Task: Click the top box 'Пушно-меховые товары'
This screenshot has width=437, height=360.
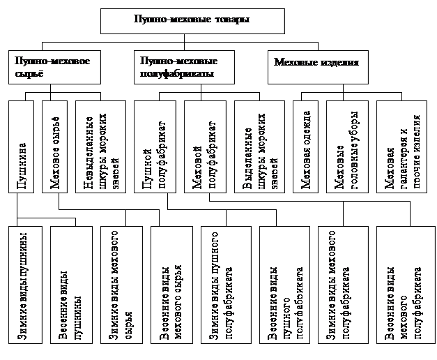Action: (x=192, y=21)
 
